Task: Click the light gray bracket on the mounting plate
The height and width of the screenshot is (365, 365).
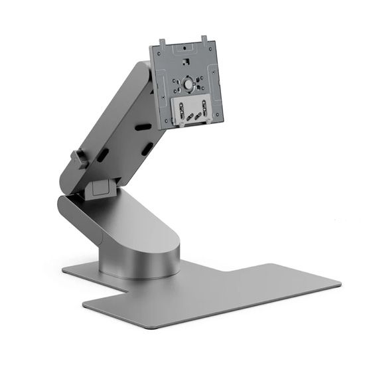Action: point(192,110)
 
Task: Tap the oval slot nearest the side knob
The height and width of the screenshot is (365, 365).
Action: point(104,155)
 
